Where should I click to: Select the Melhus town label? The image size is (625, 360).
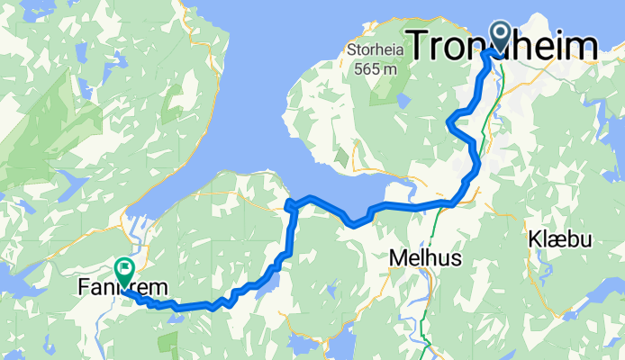pos(425,258)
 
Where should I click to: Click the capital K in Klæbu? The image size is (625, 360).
pos(534,240)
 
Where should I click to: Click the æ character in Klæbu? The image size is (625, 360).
pos(557,241)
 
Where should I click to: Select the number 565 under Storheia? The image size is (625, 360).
pos(365,67)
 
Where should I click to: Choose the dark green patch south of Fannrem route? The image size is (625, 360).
pos(168,343)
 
